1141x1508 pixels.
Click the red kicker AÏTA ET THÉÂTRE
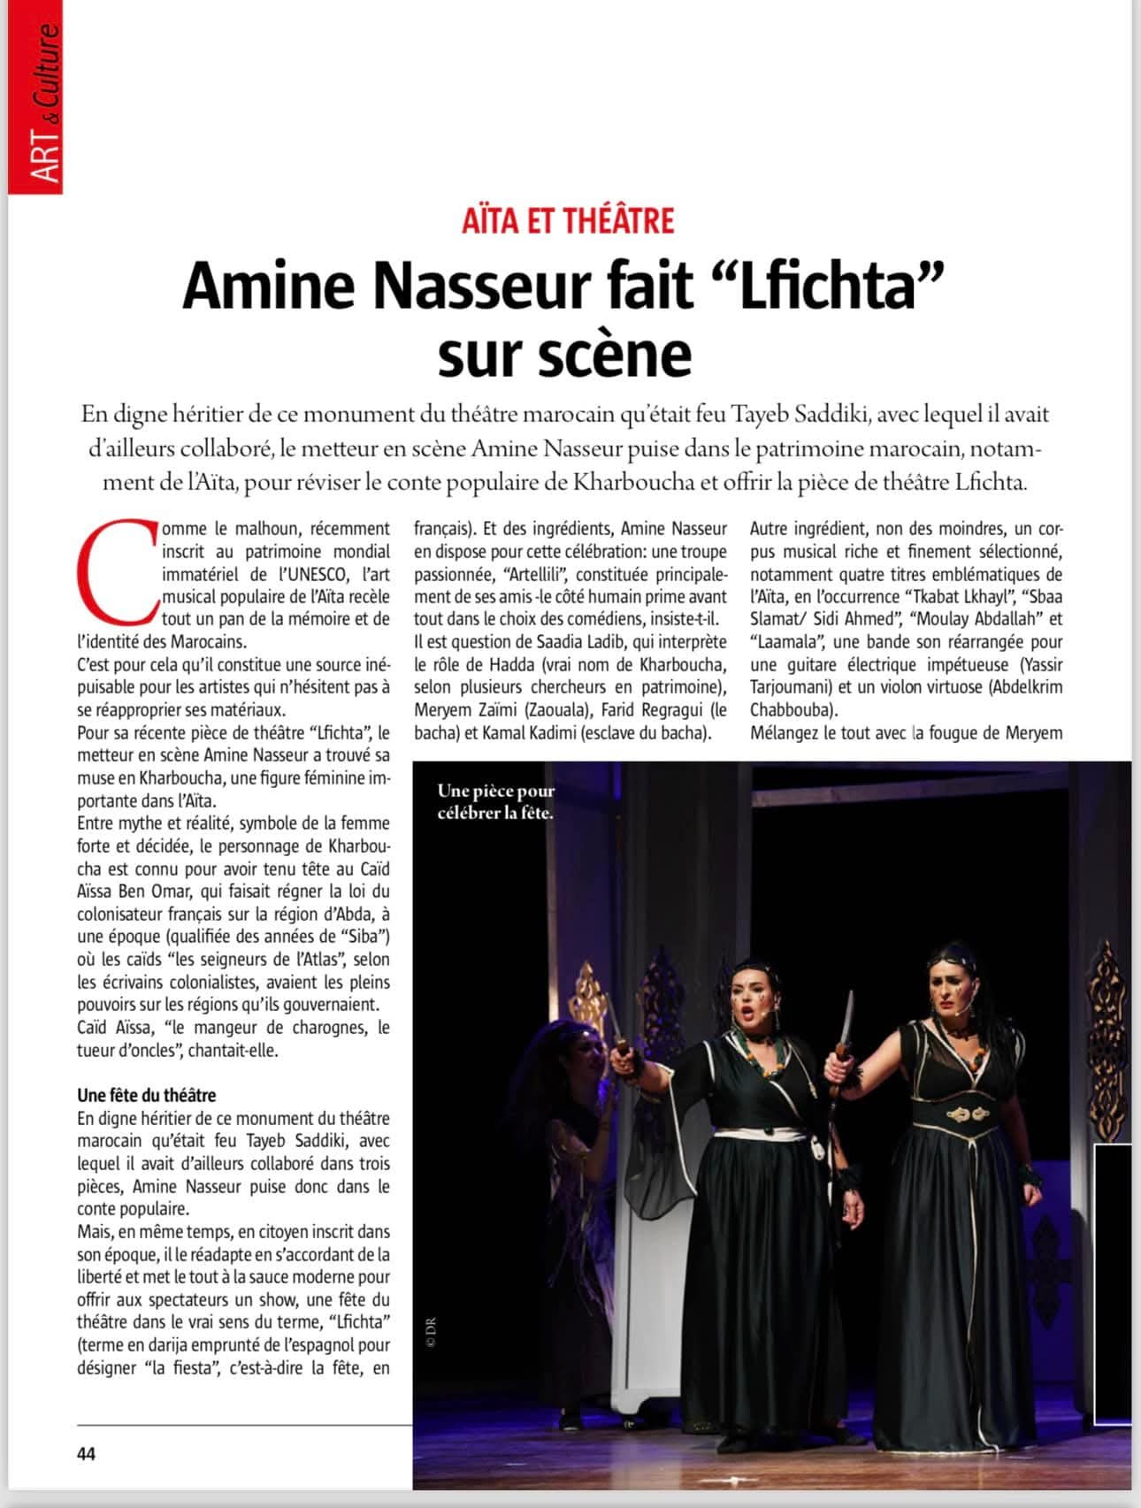[x=568, y=219]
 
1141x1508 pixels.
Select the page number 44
[x=87, y=1453]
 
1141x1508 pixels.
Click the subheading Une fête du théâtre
[x=147, y=1095]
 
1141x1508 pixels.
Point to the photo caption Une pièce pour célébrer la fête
[x=495, y=801]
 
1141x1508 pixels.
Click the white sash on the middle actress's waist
[x=761, y=1134]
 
